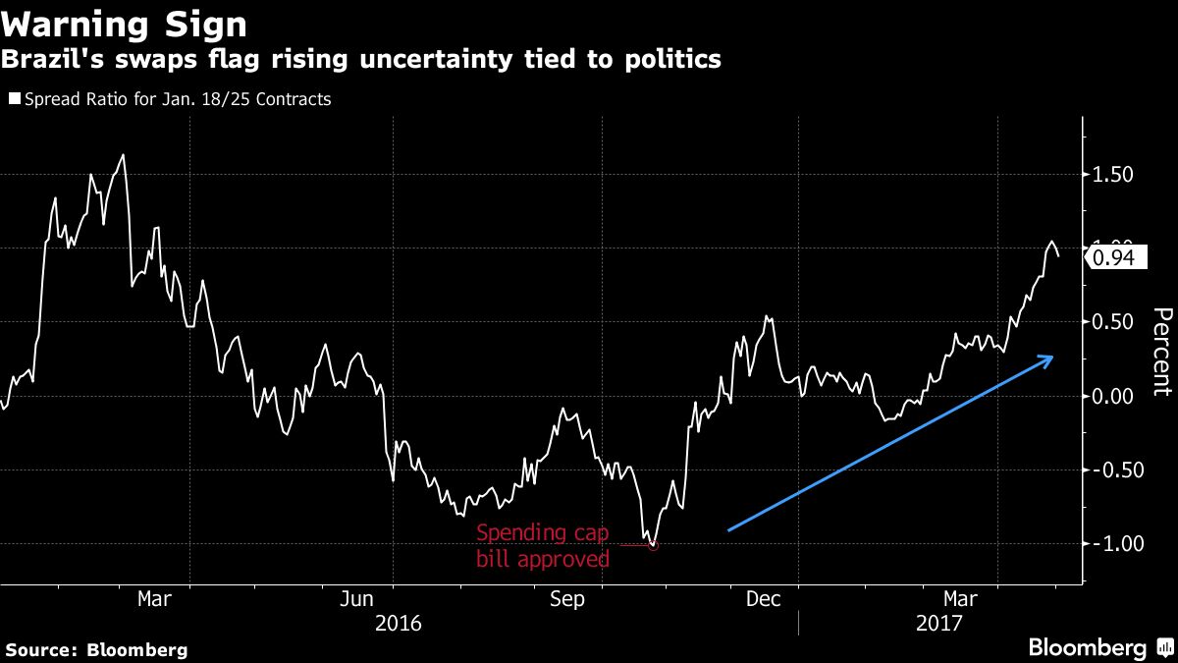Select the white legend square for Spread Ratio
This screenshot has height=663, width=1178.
14,99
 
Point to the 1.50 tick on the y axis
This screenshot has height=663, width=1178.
1113,175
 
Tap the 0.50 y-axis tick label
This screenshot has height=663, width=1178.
1113,322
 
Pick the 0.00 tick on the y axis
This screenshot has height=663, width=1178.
1113,396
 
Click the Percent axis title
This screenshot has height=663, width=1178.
1161,352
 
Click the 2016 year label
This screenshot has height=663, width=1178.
399,623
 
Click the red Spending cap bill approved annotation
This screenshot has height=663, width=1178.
543,546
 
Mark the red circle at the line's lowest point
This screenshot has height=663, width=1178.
654,545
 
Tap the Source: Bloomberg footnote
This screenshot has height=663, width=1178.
96,649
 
